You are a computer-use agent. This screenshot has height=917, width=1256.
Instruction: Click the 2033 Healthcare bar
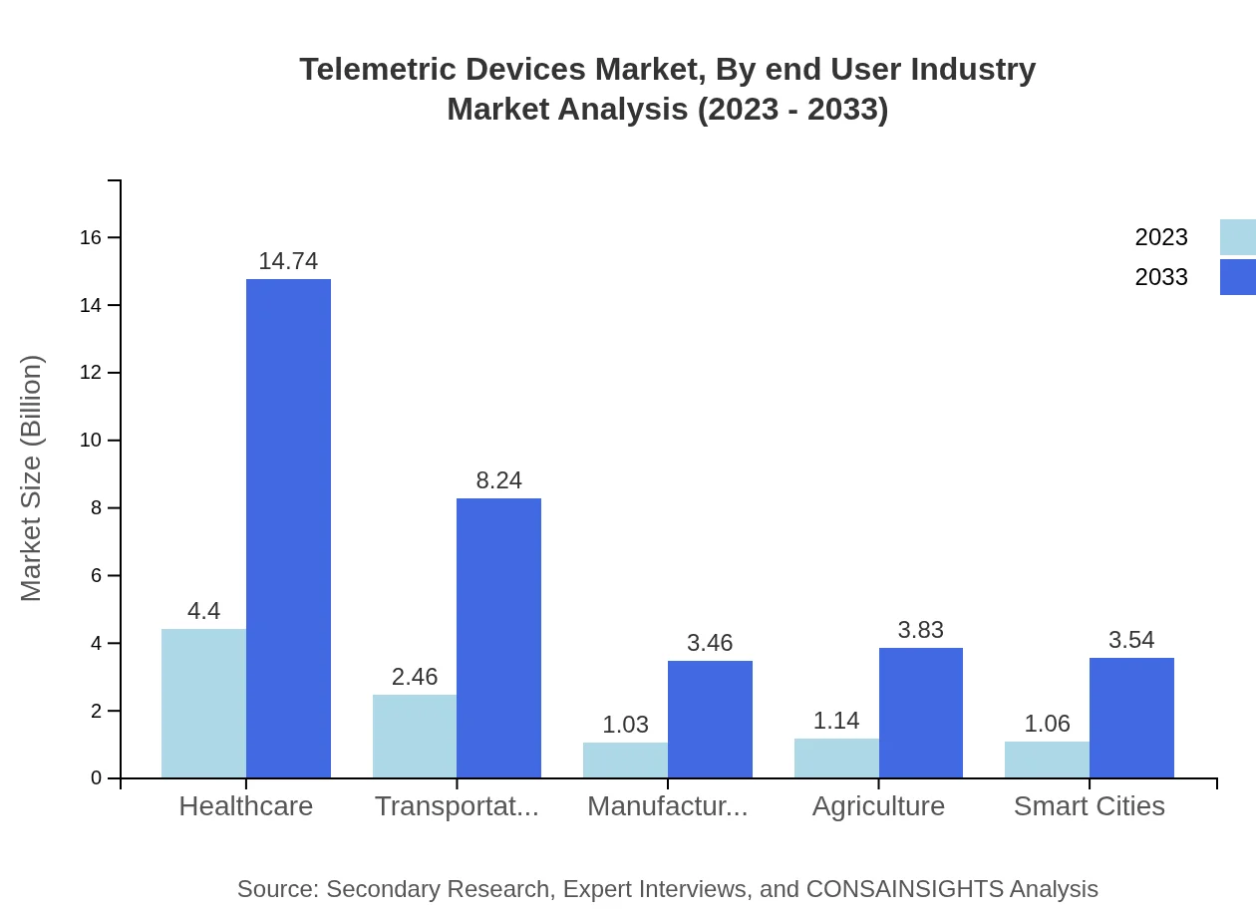(x=288, y=528)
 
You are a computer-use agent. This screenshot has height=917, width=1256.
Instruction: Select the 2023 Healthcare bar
(x=203, y=703)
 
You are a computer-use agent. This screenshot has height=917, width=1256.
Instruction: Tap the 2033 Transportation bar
(x=498, y=638)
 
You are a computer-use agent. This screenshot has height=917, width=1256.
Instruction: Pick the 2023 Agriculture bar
(x=836, y=758)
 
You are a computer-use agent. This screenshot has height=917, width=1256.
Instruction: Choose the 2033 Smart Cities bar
(x=1131, y=718)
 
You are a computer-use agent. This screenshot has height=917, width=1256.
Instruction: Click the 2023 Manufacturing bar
(x=625, y=760)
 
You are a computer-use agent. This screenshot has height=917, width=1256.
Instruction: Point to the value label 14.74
(x=288, y=261)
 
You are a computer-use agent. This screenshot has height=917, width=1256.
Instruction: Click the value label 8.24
(x=498, y=480)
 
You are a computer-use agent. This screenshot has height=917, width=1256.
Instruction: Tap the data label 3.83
(x=920, y=630)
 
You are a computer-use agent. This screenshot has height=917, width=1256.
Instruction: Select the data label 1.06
(x=1047, y=724)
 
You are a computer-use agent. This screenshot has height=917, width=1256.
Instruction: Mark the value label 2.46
(x=415, y=677)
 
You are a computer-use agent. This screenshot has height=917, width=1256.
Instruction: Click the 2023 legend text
(x=1160, y=237)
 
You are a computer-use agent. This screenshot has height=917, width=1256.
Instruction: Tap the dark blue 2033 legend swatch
(x=1237, y=277)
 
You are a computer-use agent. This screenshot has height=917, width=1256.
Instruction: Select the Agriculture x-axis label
(x=878, y=805)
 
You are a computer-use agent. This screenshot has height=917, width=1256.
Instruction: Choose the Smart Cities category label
(x=1089, y=805)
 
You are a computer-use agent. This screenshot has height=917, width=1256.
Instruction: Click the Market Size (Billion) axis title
(x=32, y=478)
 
